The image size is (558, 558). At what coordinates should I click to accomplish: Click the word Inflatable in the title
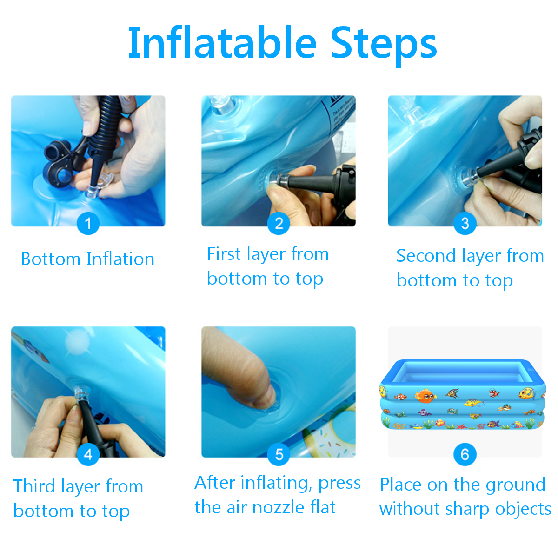coord(222,43)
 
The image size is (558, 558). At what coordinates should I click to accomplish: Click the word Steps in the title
coord(384,43)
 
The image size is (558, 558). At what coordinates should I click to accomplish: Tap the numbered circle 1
coord(88,223)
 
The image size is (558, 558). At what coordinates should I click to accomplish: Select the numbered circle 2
coord(279,223)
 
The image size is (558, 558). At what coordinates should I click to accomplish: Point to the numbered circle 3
coord(465,223)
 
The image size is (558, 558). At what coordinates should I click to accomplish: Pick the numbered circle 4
coord(88,454)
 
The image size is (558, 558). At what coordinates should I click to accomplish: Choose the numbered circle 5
coord(279,454)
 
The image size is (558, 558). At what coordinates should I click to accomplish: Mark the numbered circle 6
coord(465,454)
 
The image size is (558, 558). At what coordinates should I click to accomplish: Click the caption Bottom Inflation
coord(88,259)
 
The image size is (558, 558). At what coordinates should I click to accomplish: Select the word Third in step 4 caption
coord(34,486)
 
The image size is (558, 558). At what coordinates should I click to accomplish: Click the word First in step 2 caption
coord(224,254)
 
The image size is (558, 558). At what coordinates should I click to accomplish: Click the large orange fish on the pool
coord(425,396)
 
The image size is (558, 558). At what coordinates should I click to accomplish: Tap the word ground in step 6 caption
coord(515,485)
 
